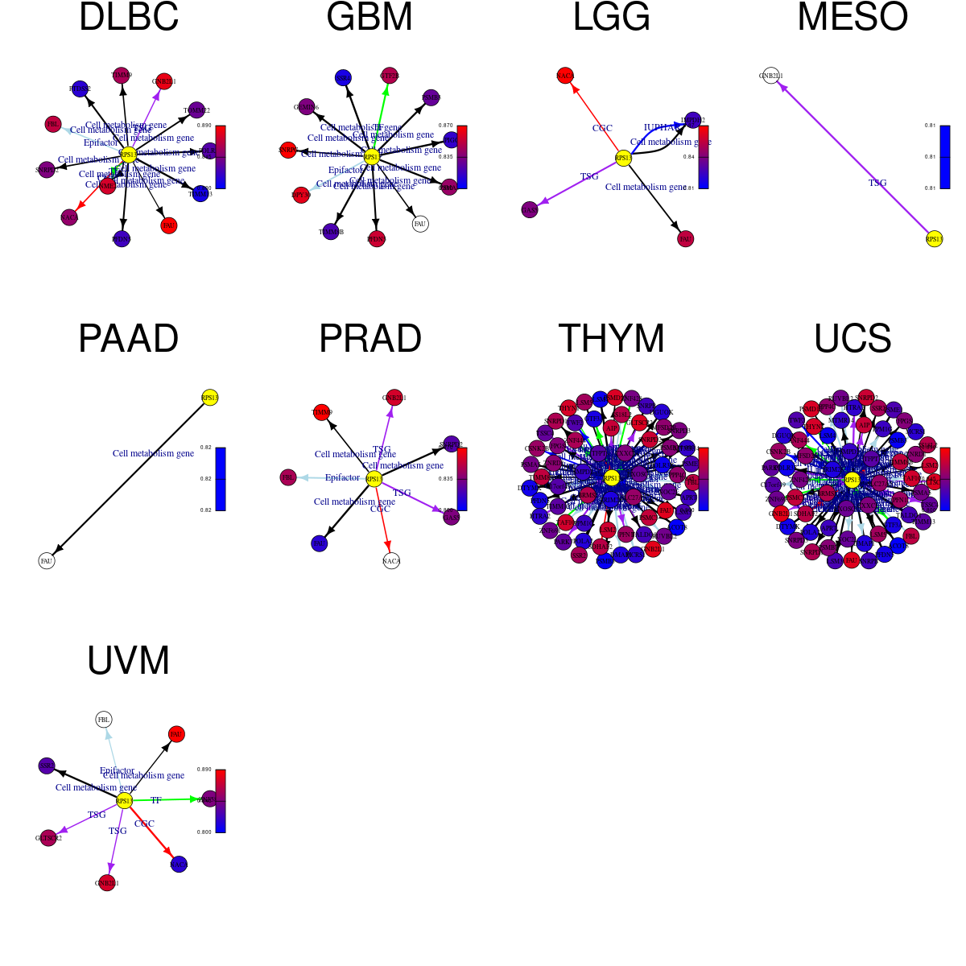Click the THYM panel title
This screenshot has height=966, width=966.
coord(611,338)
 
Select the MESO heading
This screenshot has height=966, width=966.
coord(852,18)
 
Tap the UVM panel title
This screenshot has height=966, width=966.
coord(129,661)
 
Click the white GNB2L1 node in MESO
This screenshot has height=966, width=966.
coord(770,76)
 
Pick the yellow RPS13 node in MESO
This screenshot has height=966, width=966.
coord(934,238)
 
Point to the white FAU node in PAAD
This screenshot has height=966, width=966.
coord(47,560)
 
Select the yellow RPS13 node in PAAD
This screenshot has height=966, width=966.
coord(209,397)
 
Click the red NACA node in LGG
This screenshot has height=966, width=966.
coord(564,76)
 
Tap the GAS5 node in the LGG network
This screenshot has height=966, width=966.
coord(529,210)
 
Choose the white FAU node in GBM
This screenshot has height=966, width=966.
coord(419,224)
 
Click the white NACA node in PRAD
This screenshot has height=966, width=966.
coord(391,560)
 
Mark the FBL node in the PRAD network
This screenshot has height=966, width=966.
coord(287,477)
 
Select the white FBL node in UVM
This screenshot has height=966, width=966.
coord(103,719)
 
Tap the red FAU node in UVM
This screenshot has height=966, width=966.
coord(176,733)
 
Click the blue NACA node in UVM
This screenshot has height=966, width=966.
coord(179,864)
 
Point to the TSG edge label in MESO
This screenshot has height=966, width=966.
coord(877,183)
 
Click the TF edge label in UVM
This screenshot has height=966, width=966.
coord(156,800)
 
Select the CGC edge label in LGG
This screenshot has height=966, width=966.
coord(602,128)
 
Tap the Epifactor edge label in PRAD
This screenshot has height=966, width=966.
coord(342,477)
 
